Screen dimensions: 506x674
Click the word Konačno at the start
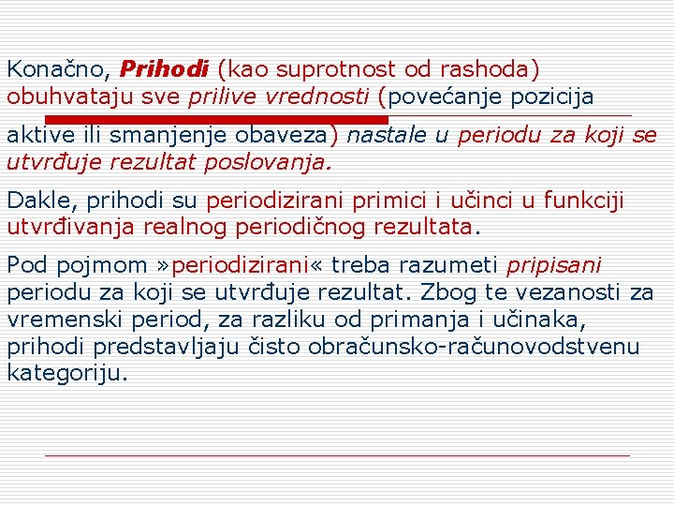click(58, 68)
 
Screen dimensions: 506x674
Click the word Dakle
click(35, 201)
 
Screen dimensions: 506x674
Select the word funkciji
click(585, 201)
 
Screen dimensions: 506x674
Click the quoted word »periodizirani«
click(235, 266)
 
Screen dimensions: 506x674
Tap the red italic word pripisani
click(553, 266)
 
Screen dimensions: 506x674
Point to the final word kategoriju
click(65, 372)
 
